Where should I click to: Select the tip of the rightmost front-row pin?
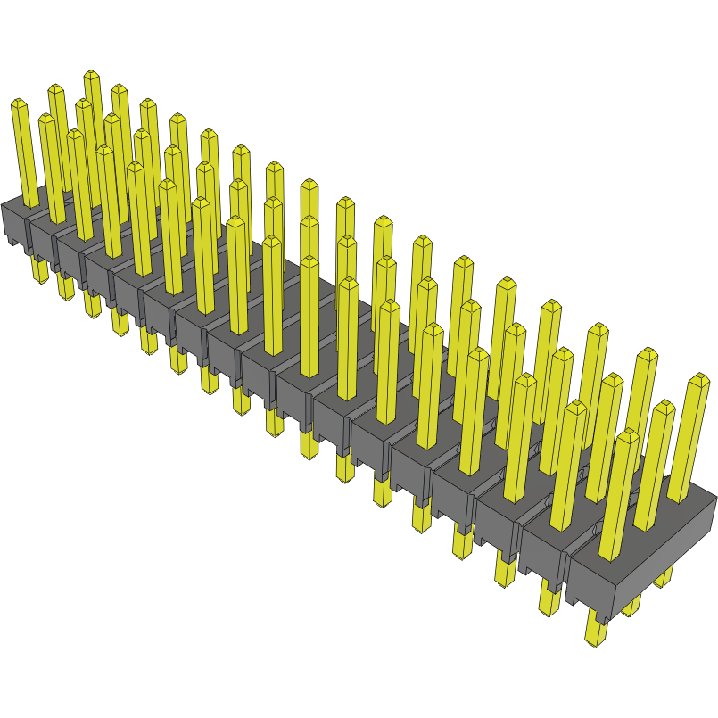[629, 436]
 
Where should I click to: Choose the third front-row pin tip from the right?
[525, 380]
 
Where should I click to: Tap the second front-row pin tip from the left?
[47, 119]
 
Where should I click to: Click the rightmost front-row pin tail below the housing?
[594, 628]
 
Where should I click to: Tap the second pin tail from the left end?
[65, 286]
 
